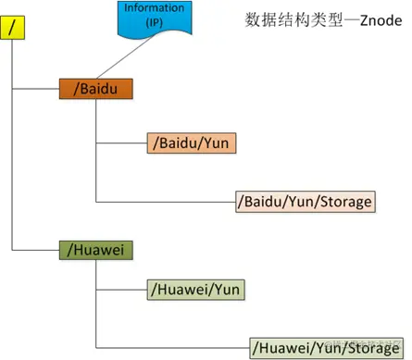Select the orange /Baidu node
point(95,90)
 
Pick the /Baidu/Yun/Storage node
point(305,201)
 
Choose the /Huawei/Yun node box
point(194,290)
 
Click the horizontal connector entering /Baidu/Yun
point(120,143)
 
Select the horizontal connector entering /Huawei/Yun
point(120,290)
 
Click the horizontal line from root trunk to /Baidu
point(35,90)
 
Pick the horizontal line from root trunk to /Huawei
point(35,249)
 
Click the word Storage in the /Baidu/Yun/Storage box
point(343,201)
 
